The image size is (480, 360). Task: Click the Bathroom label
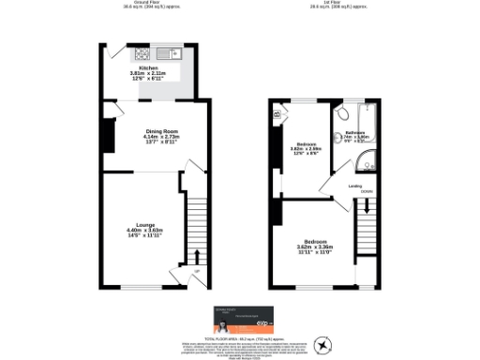tap(355, 133)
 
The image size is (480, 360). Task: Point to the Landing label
tap(355, 186)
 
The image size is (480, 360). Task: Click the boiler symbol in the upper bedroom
tap(277, 115)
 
